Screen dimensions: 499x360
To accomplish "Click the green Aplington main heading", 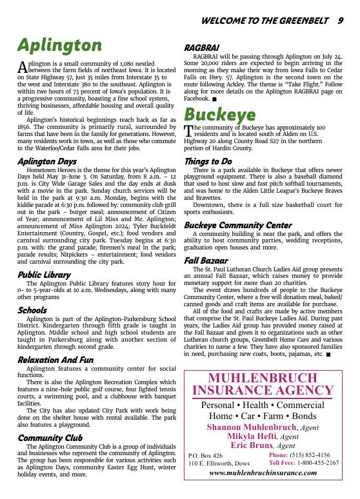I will (59, 45).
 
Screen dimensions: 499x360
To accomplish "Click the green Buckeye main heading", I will (219, 115).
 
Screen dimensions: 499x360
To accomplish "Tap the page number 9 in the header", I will (340, 21).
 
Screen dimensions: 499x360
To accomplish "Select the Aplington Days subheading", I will (46, 161).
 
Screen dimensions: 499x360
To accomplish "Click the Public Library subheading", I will (44, 275).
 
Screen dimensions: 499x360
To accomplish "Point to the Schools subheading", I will (32, 311).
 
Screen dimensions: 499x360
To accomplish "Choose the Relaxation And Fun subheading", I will (55, 360).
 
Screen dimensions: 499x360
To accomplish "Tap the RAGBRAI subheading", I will (201, 48).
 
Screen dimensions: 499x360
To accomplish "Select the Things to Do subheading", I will (208, 161).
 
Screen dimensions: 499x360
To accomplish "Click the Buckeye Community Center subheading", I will (237, 225).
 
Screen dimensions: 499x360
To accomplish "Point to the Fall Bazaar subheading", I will (206, 260).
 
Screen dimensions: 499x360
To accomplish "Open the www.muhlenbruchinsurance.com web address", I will (263, 473).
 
